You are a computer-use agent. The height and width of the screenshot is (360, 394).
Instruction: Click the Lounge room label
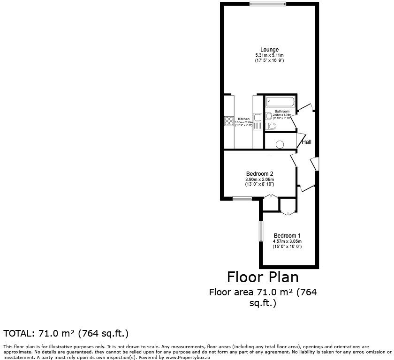click(270, 50)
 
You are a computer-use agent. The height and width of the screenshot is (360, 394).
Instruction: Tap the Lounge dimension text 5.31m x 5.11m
click(270, 55)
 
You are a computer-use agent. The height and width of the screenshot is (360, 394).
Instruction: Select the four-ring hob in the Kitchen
click(229, 121)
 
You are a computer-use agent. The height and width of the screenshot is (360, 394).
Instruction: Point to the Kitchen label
click(243, 119)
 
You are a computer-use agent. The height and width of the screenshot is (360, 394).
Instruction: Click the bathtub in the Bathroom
click(280, 102)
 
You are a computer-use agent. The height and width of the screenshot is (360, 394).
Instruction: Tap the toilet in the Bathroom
click(271, 126)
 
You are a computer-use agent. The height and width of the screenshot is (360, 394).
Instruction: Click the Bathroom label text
click(282, 111)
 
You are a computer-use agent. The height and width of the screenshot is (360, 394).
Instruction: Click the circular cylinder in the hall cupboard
click(280, 144)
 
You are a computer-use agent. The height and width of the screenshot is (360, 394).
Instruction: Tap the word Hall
click(307, 142)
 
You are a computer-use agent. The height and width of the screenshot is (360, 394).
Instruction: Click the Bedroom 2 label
click(259, 174)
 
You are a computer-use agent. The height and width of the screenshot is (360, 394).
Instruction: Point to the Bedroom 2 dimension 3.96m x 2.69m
click(259, 180)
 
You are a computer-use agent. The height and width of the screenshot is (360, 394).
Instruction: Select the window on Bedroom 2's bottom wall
click(242, 199)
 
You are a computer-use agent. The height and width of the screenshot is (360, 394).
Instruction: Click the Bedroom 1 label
click(287, 235)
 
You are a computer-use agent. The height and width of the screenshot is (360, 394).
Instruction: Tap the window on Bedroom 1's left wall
click(261, 231)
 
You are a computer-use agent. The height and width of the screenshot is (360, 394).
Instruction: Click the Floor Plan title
click(263, 277)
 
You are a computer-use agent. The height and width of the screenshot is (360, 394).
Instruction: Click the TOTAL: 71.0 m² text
click(66, 334)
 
